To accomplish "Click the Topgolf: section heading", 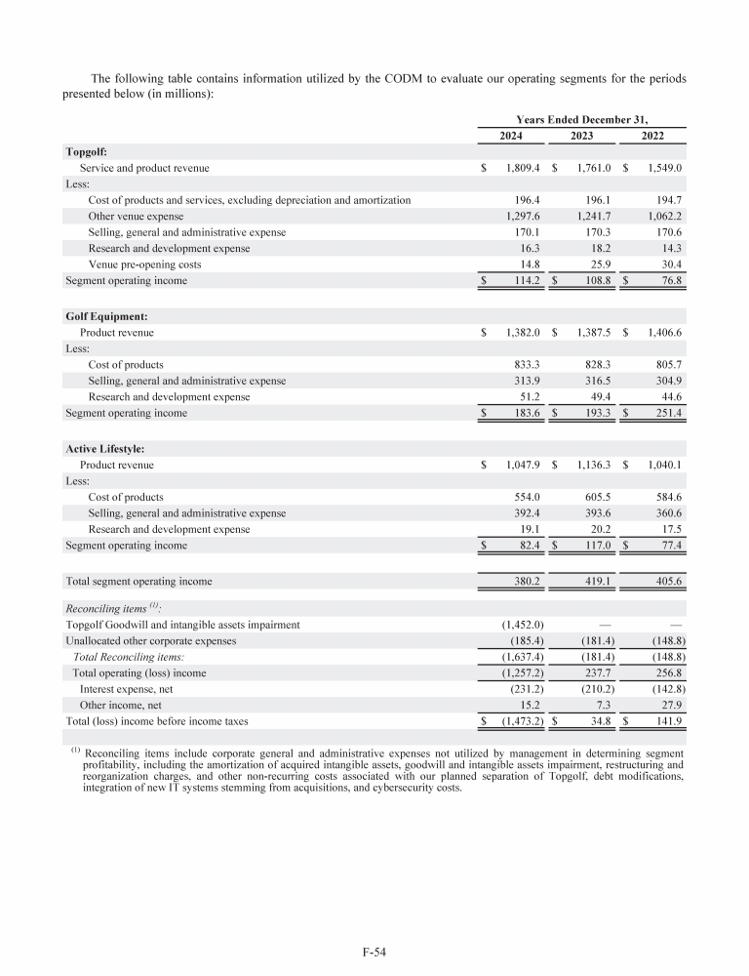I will pyautogui.click(x=86, y=152).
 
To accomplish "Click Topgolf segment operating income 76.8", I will pyautogui.click(x=663, y=281).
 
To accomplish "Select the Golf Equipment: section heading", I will pyautogui.click(x=108, y=316).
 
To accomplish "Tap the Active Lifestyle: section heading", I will pyautogui.click(x=105, y=449).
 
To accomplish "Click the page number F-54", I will pyautogui.click(x=374, y=946).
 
